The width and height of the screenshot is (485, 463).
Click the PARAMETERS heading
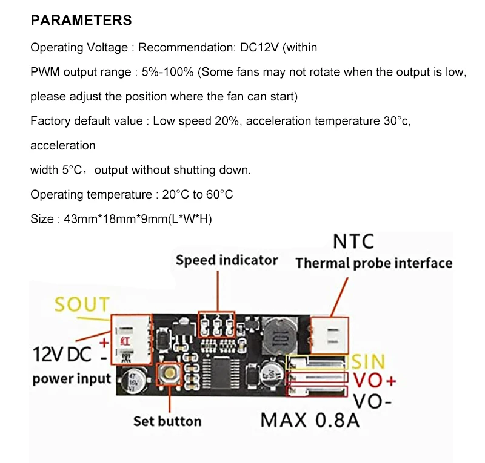81,20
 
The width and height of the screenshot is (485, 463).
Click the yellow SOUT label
82,304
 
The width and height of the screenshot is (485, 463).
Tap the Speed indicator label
227,260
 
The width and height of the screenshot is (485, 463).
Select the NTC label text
353,241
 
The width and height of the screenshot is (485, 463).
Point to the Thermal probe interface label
373,263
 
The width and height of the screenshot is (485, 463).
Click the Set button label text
167,421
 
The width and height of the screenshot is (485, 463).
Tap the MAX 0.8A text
310,419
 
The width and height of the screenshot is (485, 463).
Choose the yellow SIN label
368,361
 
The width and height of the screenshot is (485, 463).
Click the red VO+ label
374,381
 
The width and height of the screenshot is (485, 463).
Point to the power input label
72,379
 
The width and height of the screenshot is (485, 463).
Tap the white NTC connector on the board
329,334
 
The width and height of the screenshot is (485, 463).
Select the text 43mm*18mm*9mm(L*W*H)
137,219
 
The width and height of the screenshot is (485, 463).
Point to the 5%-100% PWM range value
168,72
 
